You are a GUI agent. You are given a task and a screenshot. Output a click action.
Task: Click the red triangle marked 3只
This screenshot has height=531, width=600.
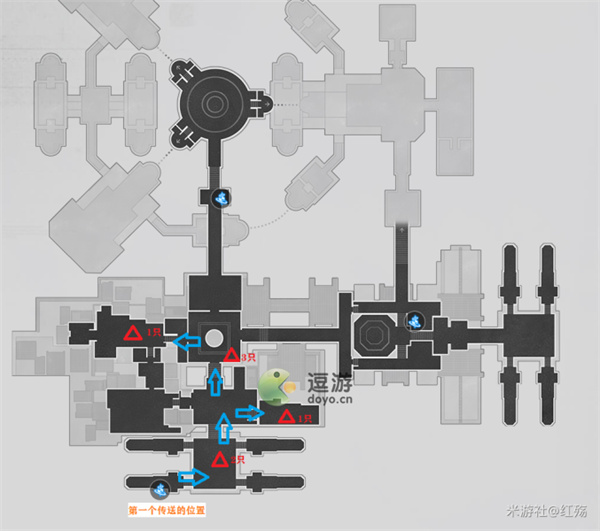tap(231, 355)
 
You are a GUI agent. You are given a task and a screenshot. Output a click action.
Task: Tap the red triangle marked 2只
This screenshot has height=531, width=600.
tap(222, 459)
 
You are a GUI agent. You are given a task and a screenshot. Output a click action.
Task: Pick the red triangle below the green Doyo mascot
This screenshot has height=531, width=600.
tap(287, 416)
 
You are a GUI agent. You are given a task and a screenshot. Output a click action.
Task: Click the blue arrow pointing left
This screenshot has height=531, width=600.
tap(185, 342)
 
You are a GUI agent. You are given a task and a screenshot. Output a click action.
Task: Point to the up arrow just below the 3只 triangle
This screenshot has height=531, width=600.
tap(217, 380)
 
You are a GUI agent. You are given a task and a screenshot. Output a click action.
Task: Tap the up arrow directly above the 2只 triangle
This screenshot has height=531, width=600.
tap(225, 429)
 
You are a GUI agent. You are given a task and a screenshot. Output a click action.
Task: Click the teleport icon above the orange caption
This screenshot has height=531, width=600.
tap(159, 489)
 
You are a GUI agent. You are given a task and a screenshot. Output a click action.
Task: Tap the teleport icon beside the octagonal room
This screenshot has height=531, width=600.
tap(415, 321)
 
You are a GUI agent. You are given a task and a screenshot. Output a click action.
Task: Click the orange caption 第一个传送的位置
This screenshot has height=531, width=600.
tap(167, 510)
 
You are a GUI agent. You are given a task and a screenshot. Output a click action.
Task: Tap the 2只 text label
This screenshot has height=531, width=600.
tap(238, 459)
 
